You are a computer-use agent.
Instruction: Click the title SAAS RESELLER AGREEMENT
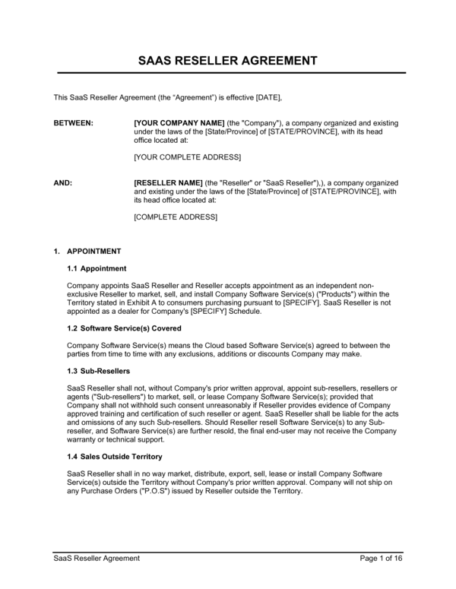[x=227, y=60]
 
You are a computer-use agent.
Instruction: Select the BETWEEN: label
[x=73, y=122]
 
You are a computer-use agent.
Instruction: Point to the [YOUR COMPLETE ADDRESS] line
[x=187, y=157]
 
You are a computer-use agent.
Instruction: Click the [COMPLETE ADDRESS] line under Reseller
[x=175, y=217]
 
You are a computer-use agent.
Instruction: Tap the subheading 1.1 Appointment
[x=97, y=268]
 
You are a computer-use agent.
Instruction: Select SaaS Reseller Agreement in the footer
[x=97, y=558]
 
